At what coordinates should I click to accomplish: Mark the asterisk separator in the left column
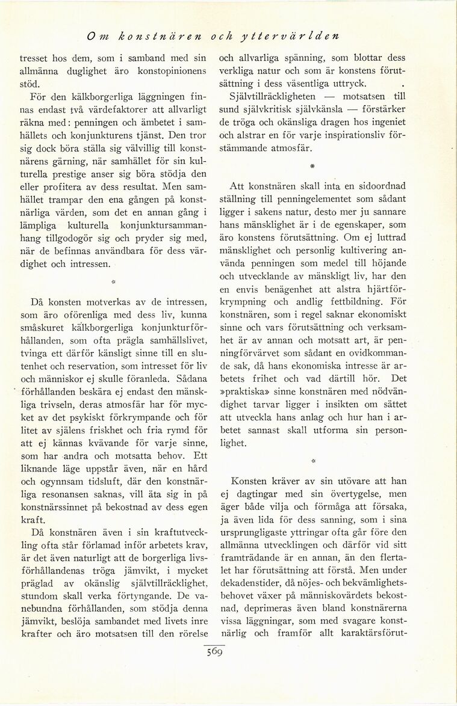coord(113,280)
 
